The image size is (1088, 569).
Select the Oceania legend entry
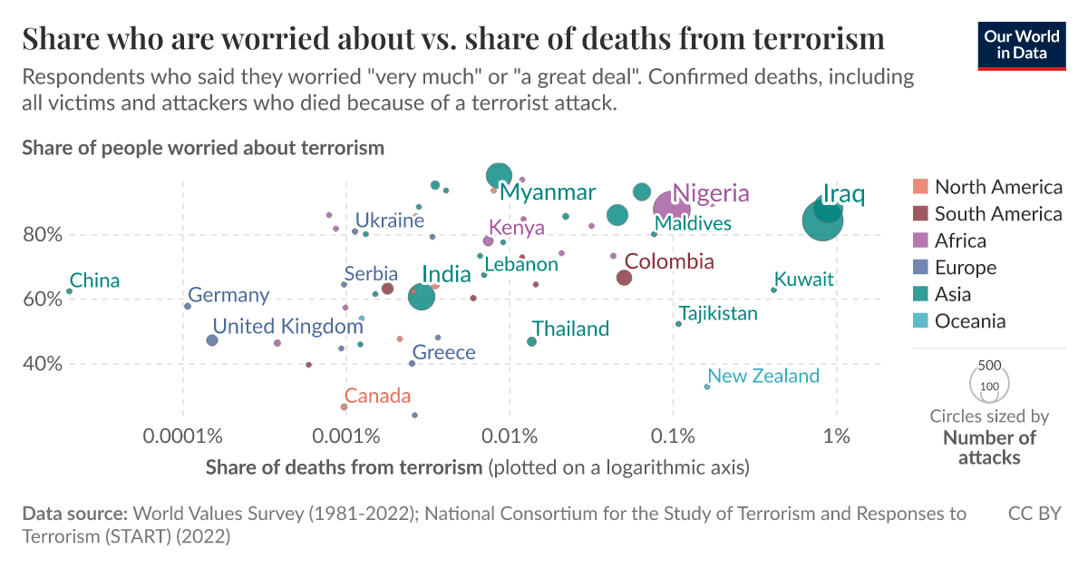969,320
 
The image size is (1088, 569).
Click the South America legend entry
997,214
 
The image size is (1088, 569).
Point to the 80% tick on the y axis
43,234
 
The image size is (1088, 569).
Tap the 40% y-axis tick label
43,364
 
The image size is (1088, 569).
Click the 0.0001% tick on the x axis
183,436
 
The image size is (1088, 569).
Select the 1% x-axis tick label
836,436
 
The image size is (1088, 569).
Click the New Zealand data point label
763,376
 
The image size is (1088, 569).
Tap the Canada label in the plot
377,396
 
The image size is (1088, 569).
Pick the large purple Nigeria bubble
672,209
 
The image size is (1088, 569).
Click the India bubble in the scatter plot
422,297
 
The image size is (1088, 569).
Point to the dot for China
69,291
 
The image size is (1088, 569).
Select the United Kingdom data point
212,340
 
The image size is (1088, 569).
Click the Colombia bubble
624,278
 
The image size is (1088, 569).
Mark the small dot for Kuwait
773,290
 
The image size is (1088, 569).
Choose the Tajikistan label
718,314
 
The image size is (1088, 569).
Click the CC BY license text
1035,514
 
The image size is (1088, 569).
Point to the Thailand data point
531,341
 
